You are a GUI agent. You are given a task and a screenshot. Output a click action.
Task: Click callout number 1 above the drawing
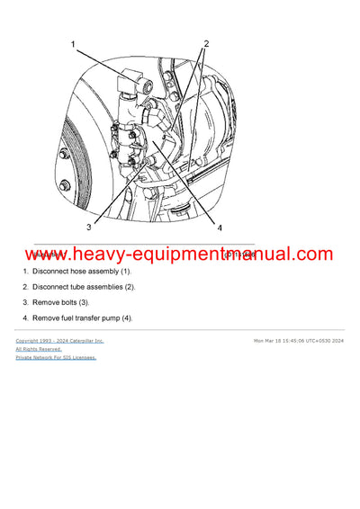[75, 42]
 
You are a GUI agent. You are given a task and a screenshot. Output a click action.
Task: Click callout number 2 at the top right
[206, 43]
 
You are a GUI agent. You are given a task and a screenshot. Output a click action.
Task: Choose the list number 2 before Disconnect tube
[25, 286]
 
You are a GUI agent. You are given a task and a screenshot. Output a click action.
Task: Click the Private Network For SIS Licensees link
[55, 357]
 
